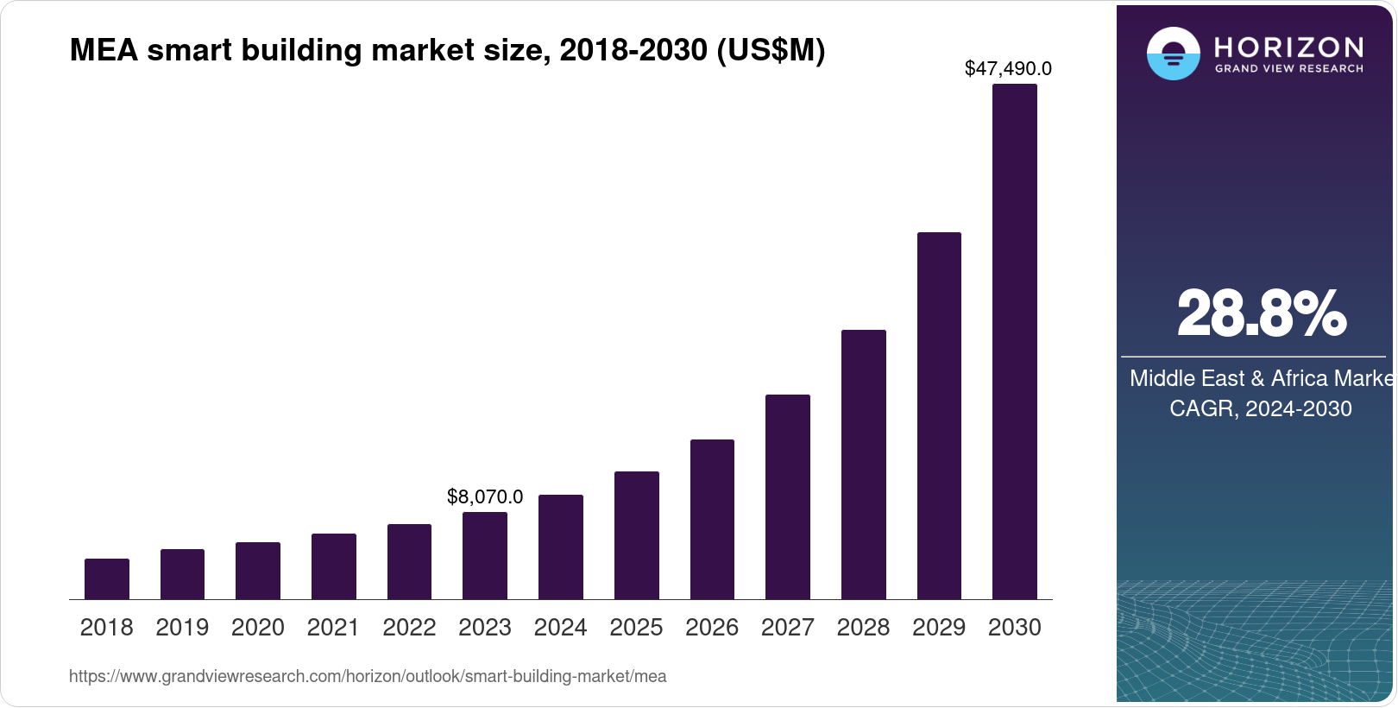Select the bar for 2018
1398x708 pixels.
[x=107, y=579]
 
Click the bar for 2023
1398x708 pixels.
[x=485, y=556]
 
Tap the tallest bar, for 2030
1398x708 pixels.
[x=1015, y=342]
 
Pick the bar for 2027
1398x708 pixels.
[x=788, y=497]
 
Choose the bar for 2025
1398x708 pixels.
[x=637, y=535]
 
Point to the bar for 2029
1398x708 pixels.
[x=939, y=416]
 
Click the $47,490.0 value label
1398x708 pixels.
[x=1008, y=68]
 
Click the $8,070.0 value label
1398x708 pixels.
[x=485, y=496]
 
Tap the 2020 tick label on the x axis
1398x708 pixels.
[x=258, y=628]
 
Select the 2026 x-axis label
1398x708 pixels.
[x=712, y=628]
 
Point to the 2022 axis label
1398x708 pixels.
[x=409, y=628]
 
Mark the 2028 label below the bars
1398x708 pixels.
[x=863, y=628]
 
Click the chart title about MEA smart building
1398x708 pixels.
[x=447, y=50]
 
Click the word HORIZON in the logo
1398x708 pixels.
[x=1289, y=47]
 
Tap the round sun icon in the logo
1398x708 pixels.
[x=1173, y=54]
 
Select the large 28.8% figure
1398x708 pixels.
[x=1261, y=314]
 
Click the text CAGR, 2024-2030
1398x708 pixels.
[x=1261, y=408]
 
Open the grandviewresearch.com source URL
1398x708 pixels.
[x=368, y=676]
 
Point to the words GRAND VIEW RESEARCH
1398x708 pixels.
[x=1289, y=68]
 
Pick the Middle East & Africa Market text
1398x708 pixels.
[x=1261, y=378]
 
